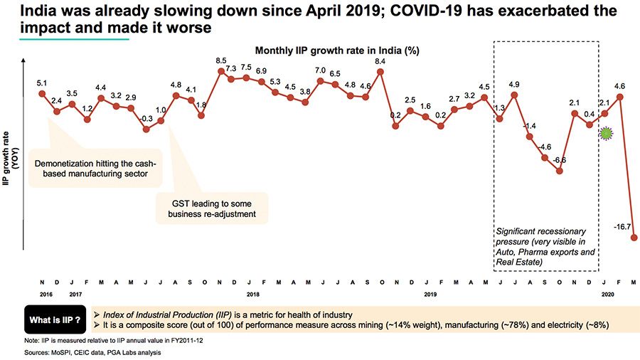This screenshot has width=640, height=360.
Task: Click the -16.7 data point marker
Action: pos(634,238)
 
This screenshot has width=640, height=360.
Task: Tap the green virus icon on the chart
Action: pos(606,133)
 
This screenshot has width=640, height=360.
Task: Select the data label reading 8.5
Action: pos(221,60)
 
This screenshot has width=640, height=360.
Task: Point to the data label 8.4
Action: pos(380,60)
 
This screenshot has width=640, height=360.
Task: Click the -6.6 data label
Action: pos(560,159)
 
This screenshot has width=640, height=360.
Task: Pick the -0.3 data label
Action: pos(146,118)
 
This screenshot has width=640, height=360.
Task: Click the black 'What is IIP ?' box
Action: pos(53,320)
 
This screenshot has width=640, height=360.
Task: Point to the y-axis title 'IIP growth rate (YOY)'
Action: pos(11,158)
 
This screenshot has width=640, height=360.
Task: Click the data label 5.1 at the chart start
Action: pos(42,82)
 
